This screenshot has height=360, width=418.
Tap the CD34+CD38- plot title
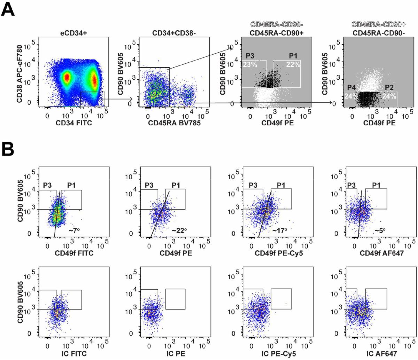tap(173, 33)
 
